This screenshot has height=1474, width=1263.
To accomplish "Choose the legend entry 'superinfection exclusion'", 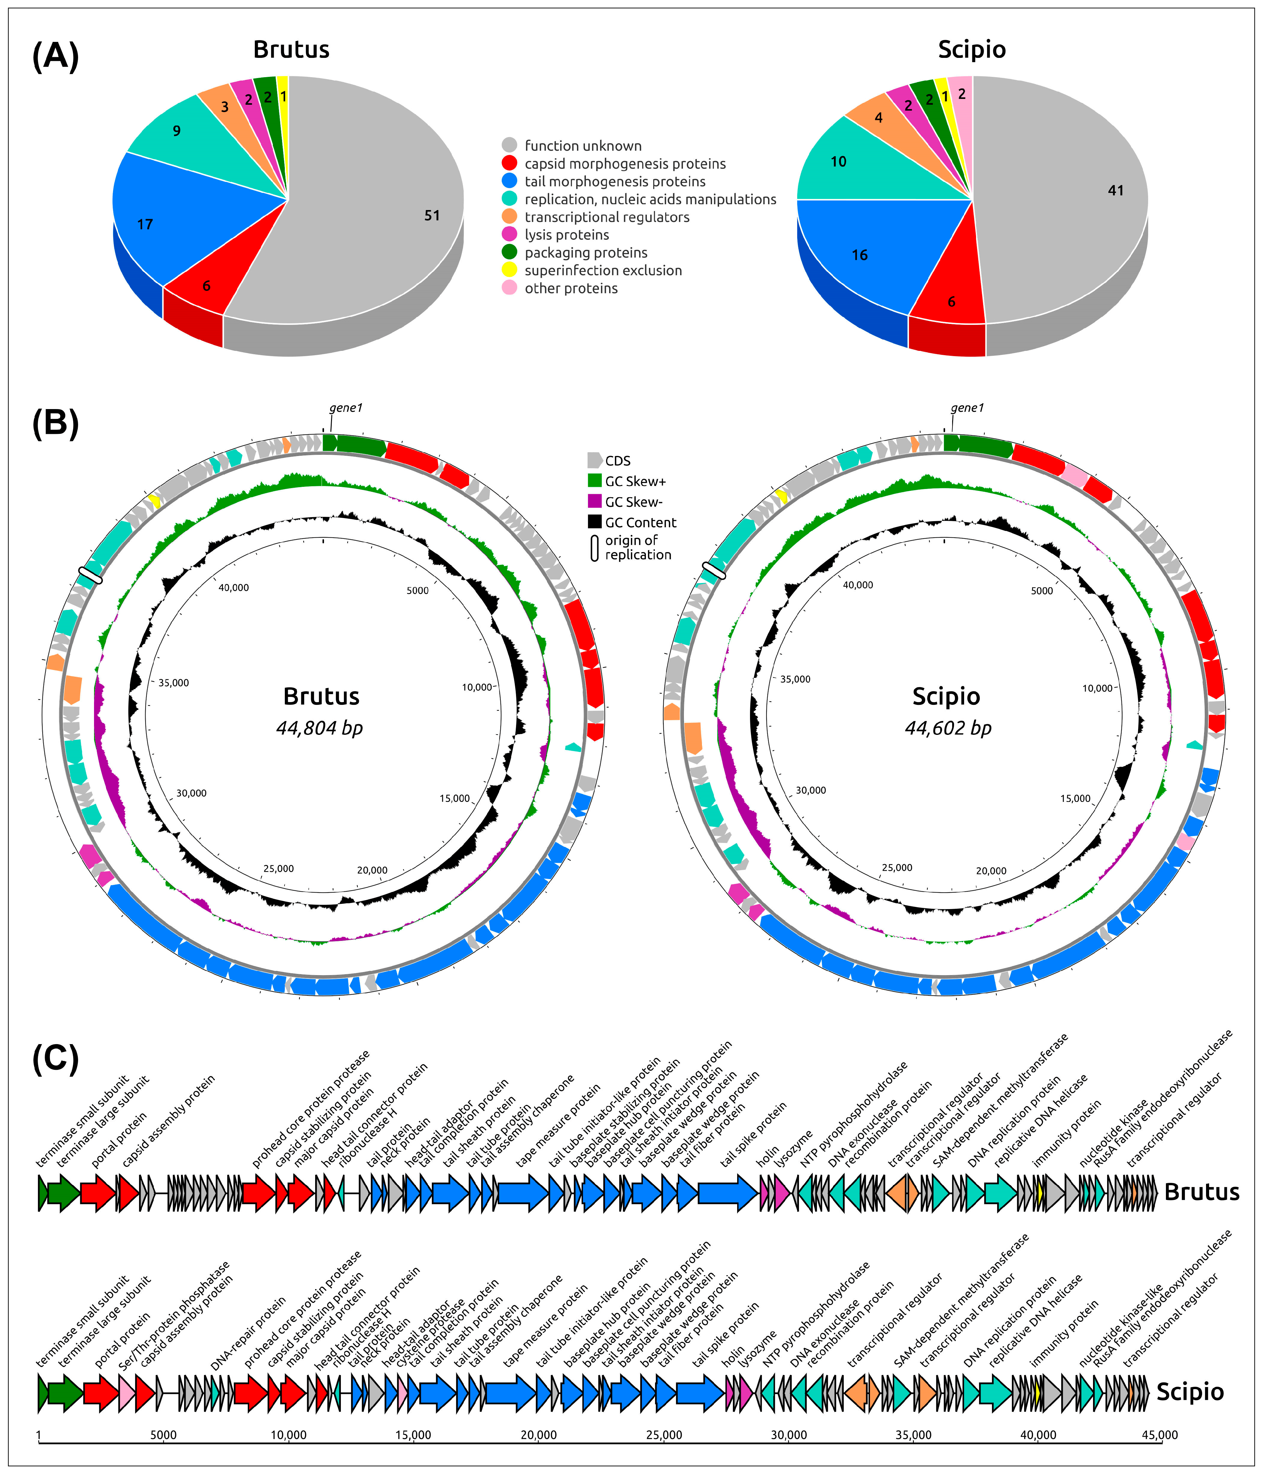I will click(x=603, y=270).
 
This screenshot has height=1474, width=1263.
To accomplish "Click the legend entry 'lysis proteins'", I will click(x=566, y=235).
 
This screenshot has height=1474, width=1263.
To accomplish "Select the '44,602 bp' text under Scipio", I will click(x=948, y=728).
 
